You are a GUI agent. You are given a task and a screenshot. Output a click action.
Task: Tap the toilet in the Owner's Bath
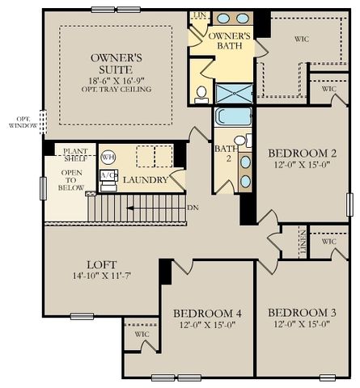coord(201,93)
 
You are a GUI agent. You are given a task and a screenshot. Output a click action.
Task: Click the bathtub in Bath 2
coord(233,116)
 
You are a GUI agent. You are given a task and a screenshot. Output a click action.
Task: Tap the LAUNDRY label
coord(146,180)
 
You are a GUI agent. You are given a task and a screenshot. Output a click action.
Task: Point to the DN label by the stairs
coord(193,208)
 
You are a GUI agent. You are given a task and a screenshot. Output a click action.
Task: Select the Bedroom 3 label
coord(299,314)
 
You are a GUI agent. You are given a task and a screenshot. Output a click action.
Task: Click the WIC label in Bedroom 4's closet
coord(142,333)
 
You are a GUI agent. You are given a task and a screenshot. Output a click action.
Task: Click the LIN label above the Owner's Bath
coord(197,15)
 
